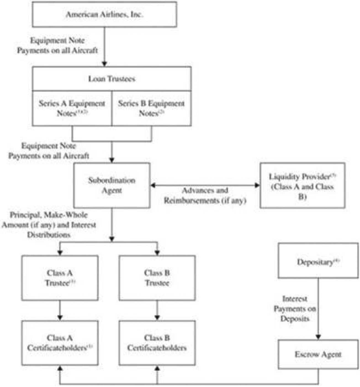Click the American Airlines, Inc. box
(104, 15)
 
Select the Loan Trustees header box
(112, 79)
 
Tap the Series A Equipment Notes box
(72, 108)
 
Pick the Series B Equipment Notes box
(151, 108)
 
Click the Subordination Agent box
(112, 185)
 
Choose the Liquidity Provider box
(302, 185)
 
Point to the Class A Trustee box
(60, 278)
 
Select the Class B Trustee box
(157, 278)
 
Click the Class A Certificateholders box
(60, 343)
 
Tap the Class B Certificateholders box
(157, 343)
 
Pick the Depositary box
(318, 261)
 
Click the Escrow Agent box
(318, 354)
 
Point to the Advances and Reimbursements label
(205, 195)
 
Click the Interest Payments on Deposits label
(295, 309)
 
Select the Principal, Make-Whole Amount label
(49, 225)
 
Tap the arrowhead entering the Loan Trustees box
(104, 64)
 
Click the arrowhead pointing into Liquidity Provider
(257, 185)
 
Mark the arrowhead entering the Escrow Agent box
(318, 337)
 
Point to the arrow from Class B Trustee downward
(157, 310)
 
